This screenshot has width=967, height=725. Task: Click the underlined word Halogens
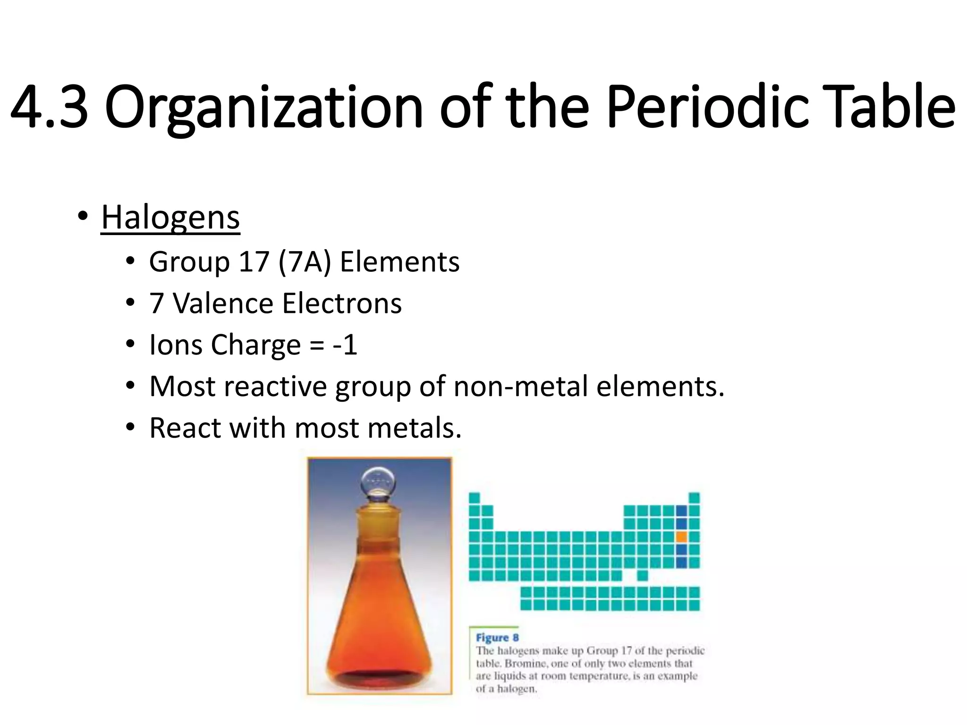tap(170, 218)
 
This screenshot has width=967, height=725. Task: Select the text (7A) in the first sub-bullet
tap(305, 262)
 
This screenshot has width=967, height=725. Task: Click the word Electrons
tap(342, 303)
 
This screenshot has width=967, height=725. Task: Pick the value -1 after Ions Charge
tap(345, 345)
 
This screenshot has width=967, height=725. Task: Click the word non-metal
tap(520, 386)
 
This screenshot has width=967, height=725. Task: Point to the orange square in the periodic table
tap(681, 537)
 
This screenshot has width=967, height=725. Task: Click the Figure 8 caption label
tap(497, 638)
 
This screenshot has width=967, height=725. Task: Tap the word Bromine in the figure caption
tap(525, 663)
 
